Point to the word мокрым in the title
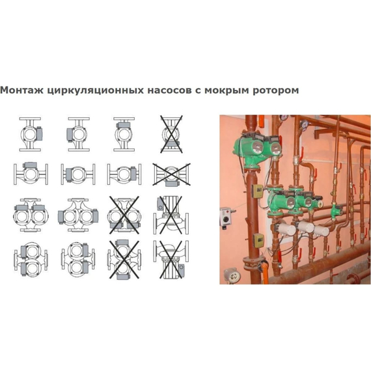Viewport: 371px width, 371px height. [225, 90]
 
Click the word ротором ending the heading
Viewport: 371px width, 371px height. [276, 90]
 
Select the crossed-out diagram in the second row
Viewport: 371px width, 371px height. [170, 174]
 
